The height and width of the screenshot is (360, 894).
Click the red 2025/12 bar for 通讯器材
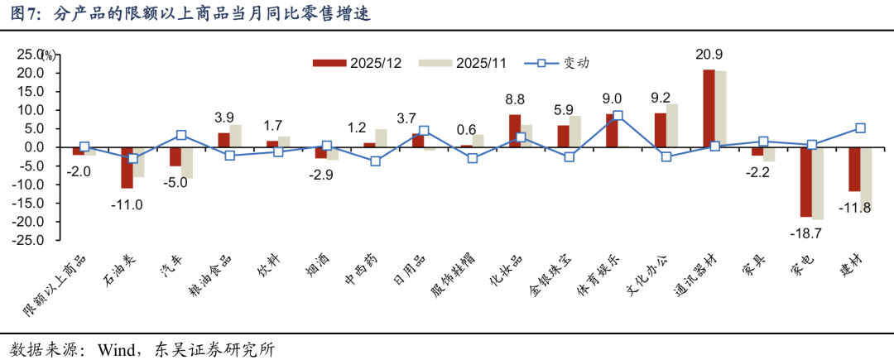(x=709, y=108)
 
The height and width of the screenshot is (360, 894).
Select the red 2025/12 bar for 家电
(x=805, y=181)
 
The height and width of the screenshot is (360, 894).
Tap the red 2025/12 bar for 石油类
(x=127, y=167)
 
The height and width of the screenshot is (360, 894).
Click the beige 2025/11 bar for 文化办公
(x=671, y=125)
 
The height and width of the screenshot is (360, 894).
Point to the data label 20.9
(x=709, y=55)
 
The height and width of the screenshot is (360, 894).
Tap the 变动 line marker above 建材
(x=861, y=128)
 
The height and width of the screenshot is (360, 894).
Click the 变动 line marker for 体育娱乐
(x=618, y=117)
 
